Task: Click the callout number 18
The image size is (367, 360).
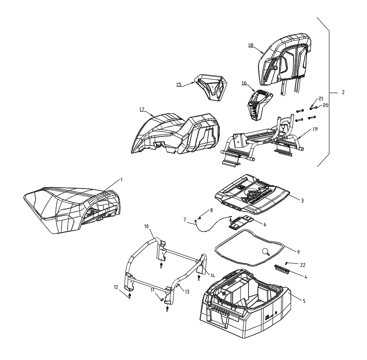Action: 251,45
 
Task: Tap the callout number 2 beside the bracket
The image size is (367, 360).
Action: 343,92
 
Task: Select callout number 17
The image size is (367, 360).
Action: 142,109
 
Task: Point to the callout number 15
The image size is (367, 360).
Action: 179,84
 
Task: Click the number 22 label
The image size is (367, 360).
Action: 303,265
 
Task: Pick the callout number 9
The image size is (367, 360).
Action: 298,252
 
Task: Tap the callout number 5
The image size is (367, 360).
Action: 304,301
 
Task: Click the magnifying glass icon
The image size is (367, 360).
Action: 266,252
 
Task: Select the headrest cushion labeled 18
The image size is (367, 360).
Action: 285,62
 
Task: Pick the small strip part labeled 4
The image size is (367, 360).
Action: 282,269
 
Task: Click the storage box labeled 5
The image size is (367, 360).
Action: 245,309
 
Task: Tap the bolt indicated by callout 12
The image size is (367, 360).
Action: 130,296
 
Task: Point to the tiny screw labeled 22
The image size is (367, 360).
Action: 286,263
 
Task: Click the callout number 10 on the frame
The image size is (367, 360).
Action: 147,226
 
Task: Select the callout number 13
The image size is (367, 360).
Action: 187,292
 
